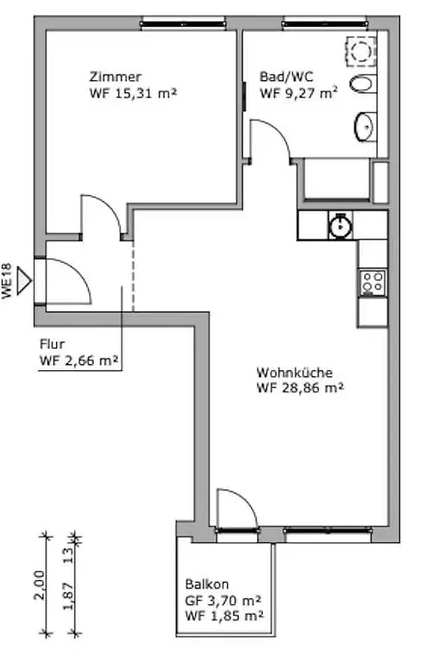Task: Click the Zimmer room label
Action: point(116,77)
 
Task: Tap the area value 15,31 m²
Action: point(145,93)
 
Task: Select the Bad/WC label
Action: point(287,77)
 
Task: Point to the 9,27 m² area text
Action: point(312,93)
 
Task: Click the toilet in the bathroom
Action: point(362,84)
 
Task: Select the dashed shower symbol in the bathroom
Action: point(361,52)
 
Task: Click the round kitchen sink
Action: point(341,225)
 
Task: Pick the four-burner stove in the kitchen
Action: point(372,283)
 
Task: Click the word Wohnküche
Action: point(295,373)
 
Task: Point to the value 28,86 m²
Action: point(312,388)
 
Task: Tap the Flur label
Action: point(52,344)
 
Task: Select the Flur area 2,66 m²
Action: point(91,360)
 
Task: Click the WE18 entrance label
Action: point(7,281)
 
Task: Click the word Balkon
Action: point(207,585)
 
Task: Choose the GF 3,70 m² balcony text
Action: point(223,601)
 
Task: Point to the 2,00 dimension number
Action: point(39,585)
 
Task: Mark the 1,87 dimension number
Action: point(69,595)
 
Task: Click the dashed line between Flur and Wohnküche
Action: point(134,276)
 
